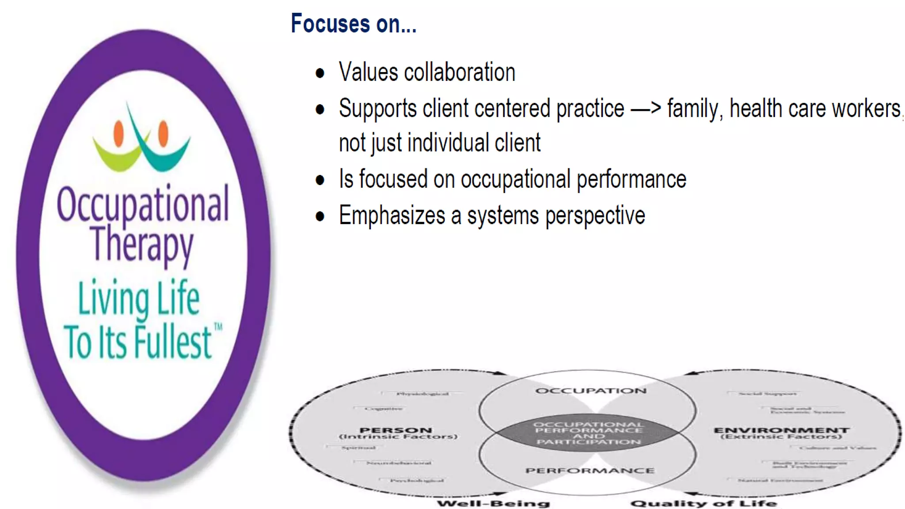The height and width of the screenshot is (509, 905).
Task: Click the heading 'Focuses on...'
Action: click(354, 24)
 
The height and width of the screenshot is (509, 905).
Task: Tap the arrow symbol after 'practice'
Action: click(646, 109)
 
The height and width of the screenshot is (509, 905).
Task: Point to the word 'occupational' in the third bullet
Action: click(516, 180)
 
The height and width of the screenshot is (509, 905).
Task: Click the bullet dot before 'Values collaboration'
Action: click(320, 73)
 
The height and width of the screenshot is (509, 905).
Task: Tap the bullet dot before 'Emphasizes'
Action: click(320, 217)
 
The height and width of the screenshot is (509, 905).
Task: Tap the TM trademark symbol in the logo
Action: click(218, 327)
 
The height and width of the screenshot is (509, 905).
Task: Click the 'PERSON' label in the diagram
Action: click(395, 430)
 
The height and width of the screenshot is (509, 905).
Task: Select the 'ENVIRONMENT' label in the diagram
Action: click(781, 430)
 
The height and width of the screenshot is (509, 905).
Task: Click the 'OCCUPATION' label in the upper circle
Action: click(590, 391)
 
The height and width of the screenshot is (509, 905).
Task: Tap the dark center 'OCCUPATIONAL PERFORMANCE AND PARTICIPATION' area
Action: click(588, 433)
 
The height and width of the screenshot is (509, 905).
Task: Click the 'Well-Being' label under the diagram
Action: click(493, 503)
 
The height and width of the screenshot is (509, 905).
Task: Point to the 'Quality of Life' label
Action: click(703, 503)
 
